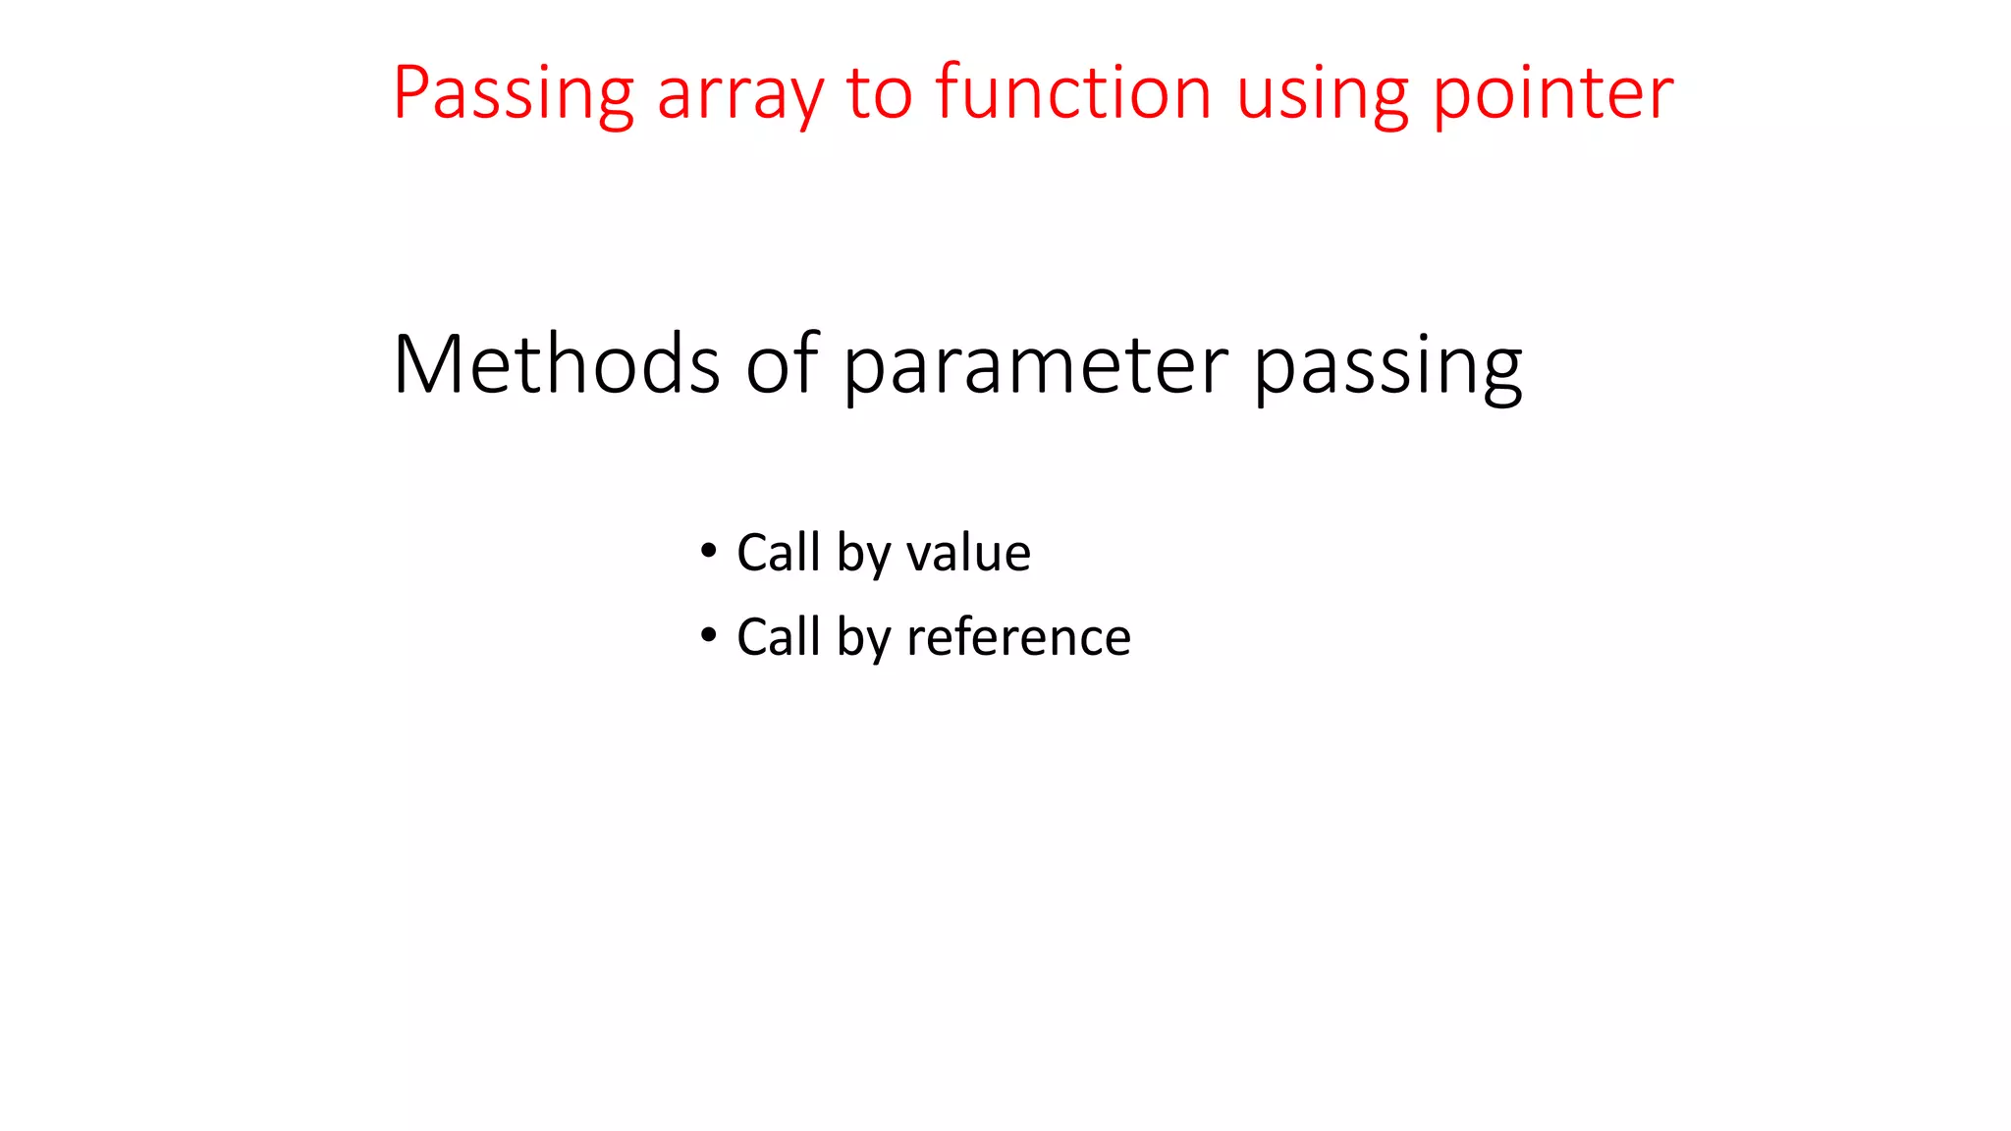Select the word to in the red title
[x=879, y=93]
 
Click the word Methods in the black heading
[x=556, y=364]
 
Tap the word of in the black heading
[x=783, y=364]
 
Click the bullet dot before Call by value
[x=708, y=551]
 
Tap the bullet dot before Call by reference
[x=708, y=635]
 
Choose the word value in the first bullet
[x=968, y=553]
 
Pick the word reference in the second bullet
[x=1018, y=637]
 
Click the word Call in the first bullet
[x=778, y=553]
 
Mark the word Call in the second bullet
[x=778, y=637]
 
